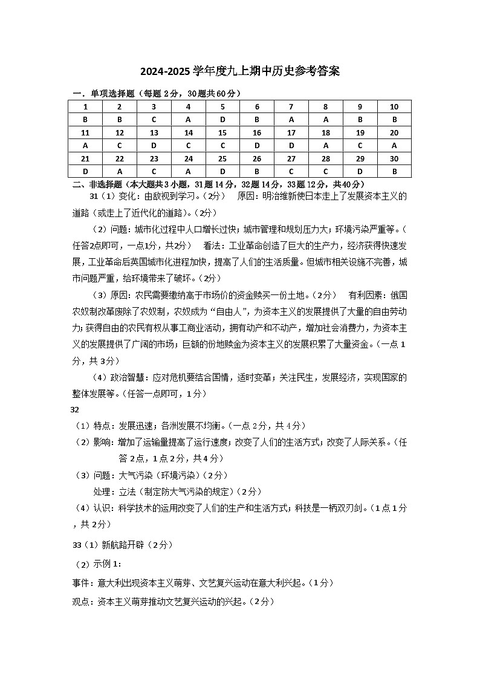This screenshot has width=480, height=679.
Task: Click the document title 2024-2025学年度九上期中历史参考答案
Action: click(240, 71)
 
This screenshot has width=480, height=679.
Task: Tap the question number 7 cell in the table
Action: click(291, 106)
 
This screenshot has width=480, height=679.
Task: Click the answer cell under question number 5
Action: click(222, 120)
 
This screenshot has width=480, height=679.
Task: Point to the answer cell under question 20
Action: click(394, 146)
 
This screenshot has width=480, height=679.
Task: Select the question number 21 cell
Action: click(85, 158)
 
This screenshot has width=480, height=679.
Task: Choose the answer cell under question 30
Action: click(394, 171)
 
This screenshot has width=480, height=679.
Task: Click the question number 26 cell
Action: click(256, 158)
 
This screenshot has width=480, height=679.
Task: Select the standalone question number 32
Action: click(76, 409)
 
